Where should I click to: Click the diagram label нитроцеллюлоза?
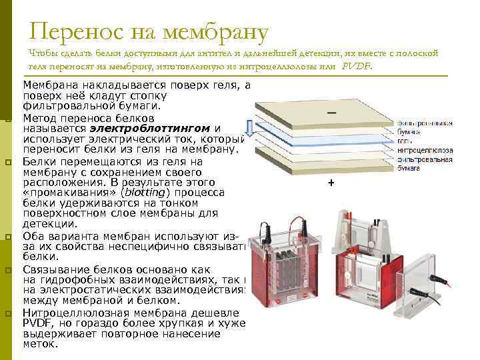[x=425, y=151]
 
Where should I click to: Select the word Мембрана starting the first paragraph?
[x=49, y=86]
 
